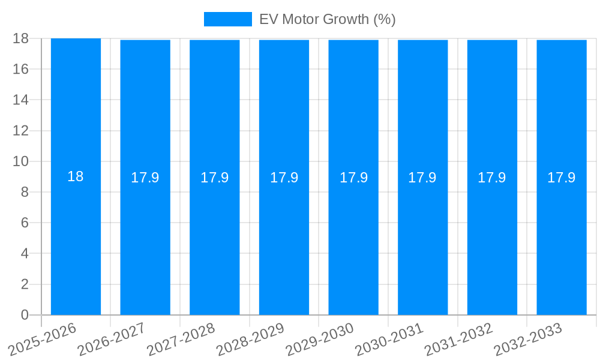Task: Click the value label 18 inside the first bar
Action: click(x=76, y=177)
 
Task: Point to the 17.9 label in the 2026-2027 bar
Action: click(x=145, y=178)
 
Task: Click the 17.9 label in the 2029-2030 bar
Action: click(x=353, y=178)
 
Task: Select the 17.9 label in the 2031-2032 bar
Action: click(x=492, y=178)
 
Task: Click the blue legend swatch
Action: click(x=227, y=19)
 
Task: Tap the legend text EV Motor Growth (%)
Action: click(x=327, y=19)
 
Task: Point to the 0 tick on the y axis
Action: click(x=25, y=315)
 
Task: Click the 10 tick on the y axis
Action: click(x=21, y=161)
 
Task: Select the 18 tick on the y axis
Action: click(x=21, y=38)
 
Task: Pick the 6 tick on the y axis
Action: click(x=25, y=223)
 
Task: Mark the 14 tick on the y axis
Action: click(x=21, y=100)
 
